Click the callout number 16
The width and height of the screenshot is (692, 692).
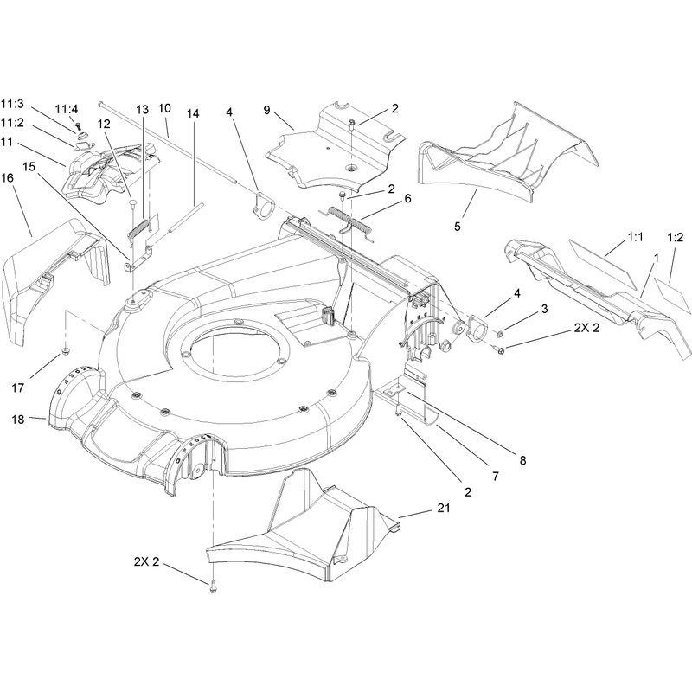8,178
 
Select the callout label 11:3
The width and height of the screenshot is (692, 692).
12,104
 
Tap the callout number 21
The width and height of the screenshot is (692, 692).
444,508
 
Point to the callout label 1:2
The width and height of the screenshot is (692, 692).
676,237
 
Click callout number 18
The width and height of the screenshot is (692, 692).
17,419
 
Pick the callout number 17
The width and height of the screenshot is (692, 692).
17,388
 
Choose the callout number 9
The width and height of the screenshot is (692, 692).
266,110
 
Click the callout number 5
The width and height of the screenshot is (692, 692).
458,227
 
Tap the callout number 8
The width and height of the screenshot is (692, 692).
522,460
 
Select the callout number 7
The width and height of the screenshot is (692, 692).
495,477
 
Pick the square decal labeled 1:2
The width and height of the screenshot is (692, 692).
672,296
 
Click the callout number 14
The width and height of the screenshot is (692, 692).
192,113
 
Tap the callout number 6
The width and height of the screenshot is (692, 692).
407,199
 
